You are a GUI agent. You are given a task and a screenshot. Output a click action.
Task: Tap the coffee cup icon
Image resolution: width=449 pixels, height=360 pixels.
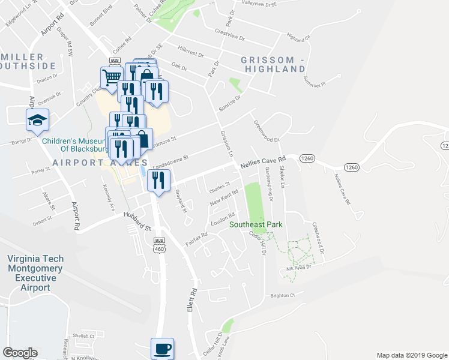point(162,347)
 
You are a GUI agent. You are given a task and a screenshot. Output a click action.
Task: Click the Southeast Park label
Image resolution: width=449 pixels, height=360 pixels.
point(256,225)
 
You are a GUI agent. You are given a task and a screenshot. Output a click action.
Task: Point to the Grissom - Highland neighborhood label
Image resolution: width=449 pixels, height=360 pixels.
point(273,64)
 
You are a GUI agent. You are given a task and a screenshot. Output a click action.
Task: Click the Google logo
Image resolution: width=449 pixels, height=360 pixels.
point(20,353)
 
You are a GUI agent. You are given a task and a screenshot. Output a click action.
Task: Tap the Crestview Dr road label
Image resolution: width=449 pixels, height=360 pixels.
point(230,34)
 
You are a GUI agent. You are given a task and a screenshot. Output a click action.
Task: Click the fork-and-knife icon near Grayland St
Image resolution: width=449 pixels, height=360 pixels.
point(159,181)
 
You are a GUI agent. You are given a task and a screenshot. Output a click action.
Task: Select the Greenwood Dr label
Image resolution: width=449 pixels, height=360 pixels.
point(267,132)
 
